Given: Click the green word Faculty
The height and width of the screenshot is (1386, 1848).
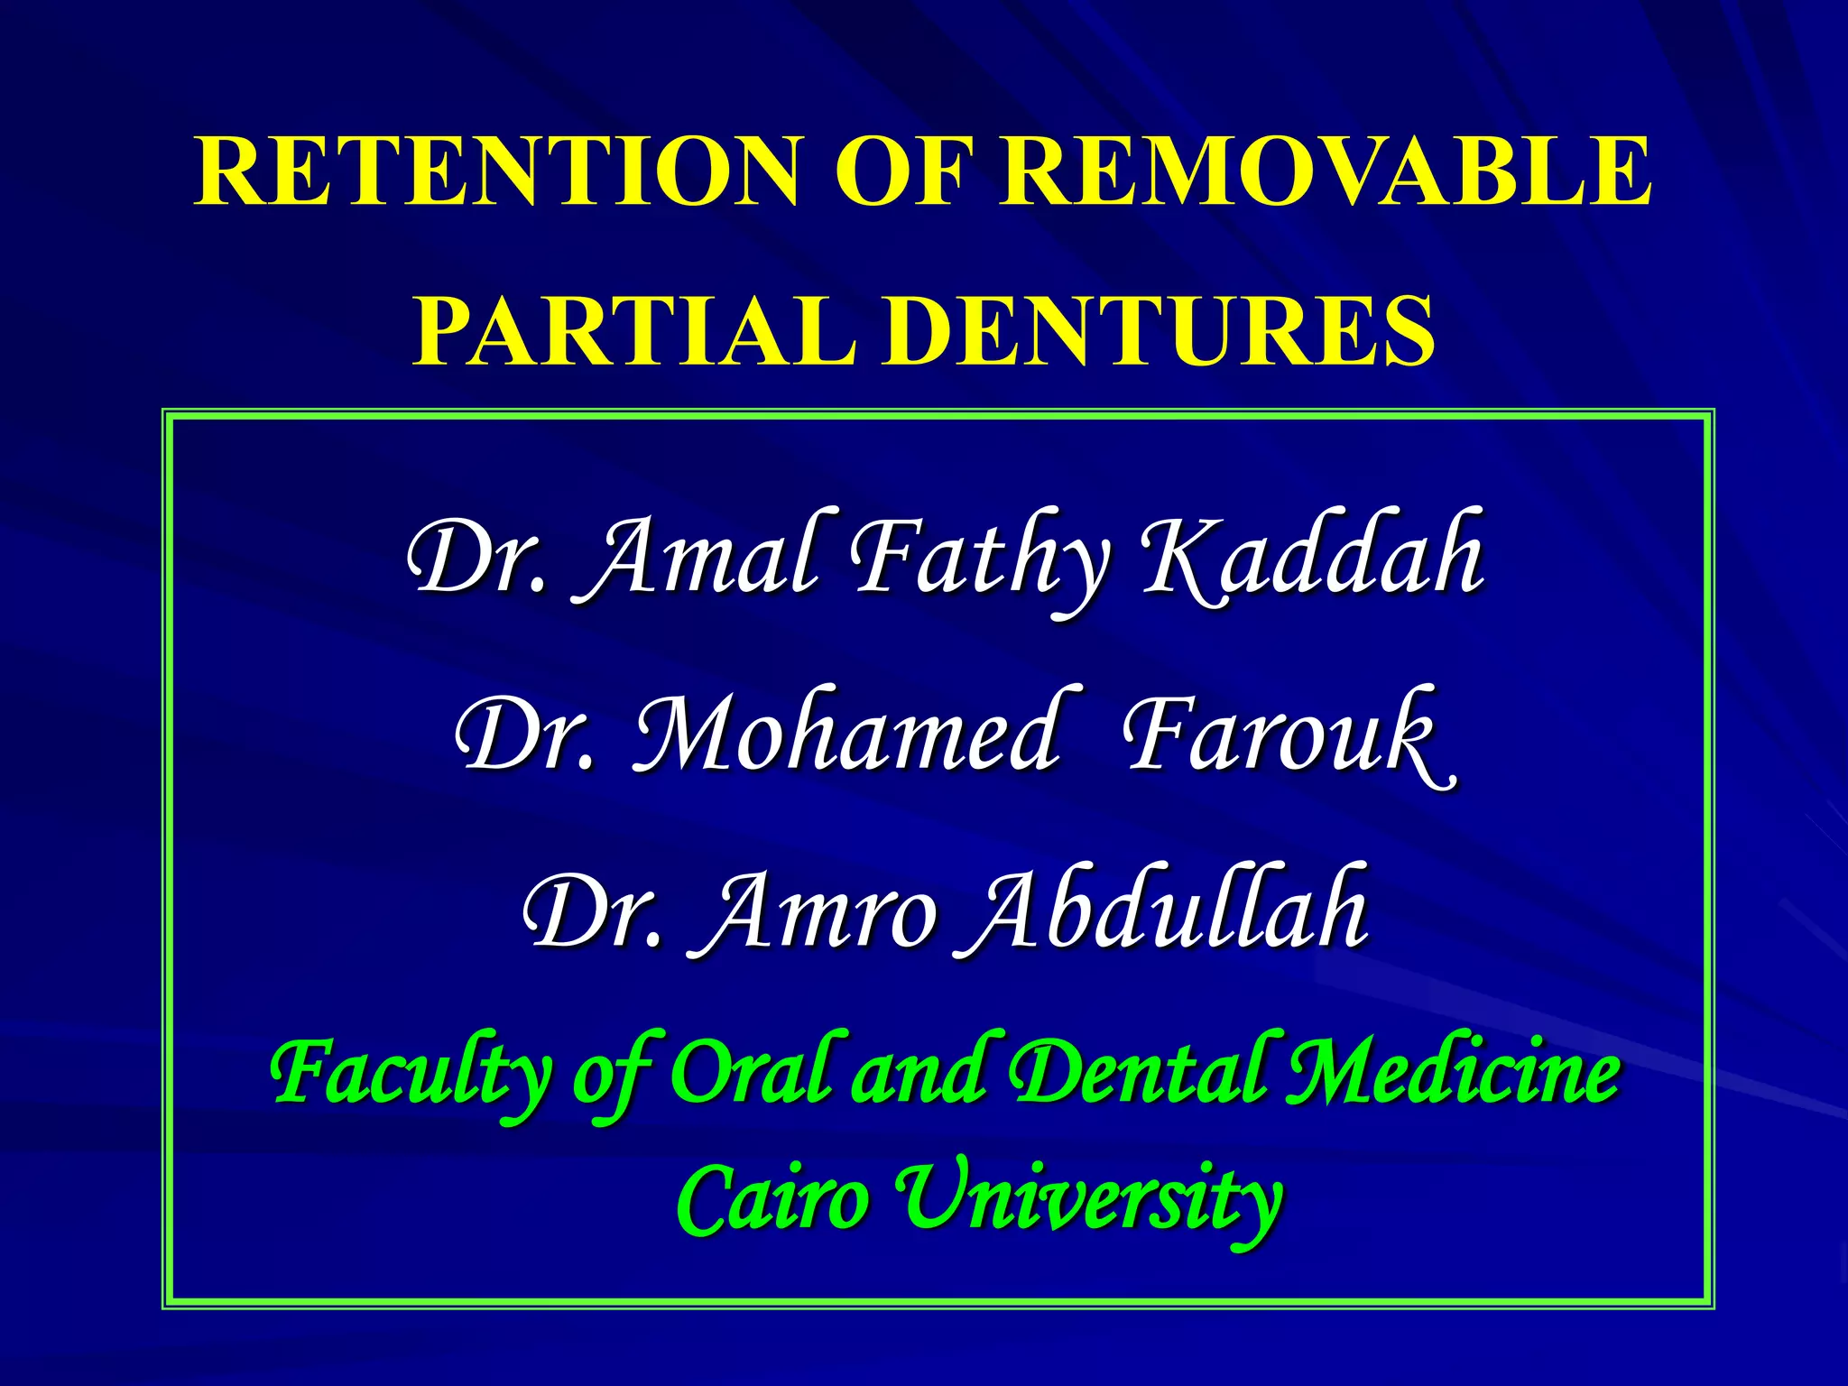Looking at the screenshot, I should tap(411, 1074).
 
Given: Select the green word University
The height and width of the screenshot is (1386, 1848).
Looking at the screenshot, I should tap(1092, 1200).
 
